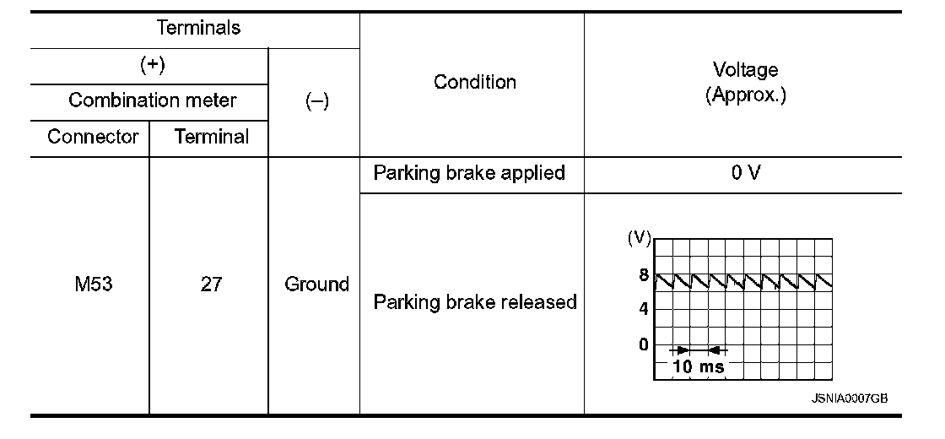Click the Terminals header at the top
click(198, 28)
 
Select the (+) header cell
click(152, 65)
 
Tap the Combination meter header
click(152, 100)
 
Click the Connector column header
click(93, 137)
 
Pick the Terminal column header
click(211, 137)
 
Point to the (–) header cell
click(316, 100)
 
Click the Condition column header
click(474, 82)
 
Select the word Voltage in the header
click(745, 69)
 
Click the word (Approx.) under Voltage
click(745, 95)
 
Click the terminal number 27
click(211, 285)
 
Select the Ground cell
click(316, 285)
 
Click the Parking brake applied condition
click(469, 173)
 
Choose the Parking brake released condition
click(475, 301)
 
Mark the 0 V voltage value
click(746, 173)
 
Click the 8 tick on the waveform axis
click(643, 275)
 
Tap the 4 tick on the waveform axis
click(643, 309)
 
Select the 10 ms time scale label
click(698, 366)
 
